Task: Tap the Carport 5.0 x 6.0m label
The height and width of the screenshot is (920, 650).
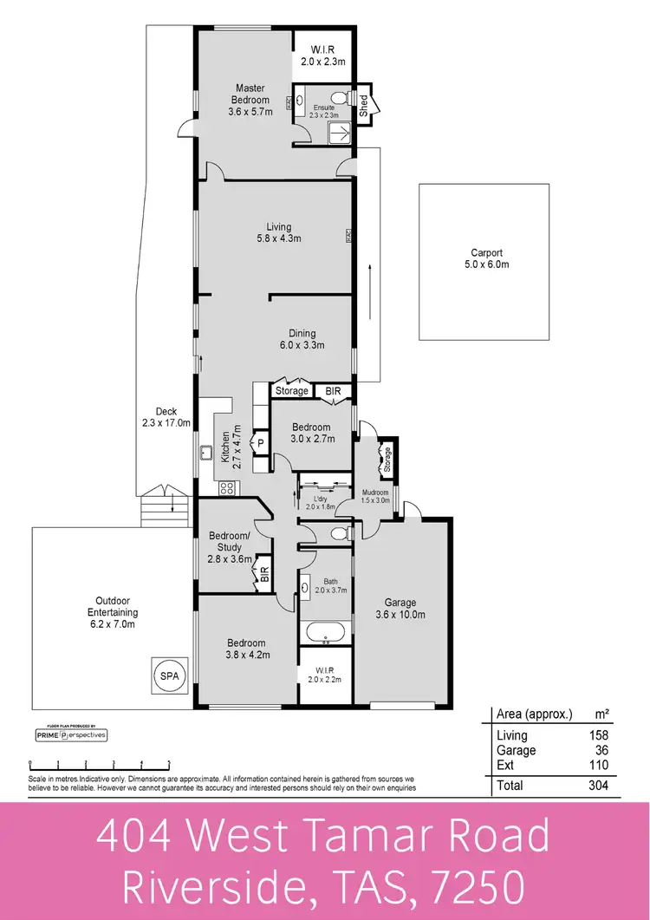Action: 485,258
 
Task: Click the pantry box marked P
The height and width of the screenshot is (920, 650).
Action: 260,443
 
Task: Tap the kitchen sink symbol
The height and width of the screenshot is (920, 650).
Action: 206,452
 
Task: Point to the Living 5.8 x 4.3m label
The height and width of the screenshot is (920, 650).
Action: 273,232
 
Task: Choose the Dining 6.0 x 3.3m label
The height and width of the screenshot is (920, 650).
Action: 302,338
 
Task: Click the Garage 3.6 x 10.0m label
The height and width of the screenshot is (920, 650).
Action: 400,609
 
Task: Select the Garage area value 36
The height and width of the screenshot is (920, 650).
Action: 601,751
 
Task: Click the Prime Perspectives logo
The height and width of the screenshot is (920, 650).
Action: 70,734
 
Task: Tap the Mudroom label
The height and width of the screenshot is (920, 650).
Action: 375,496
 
